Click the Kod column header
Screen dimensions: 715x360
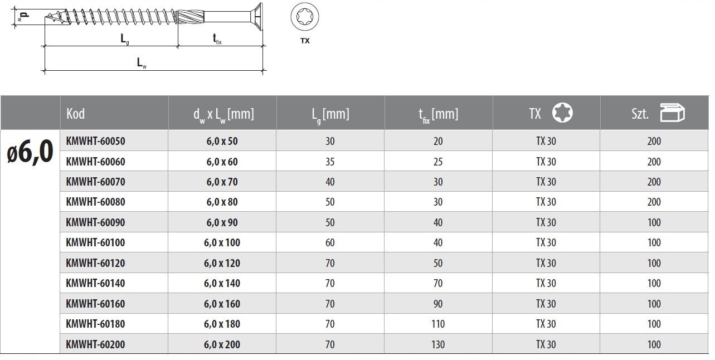coord(76,114)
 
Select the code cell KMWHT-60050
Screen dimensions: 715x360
coord(95,141)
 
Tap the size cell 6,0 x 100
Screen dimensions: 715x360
coord(222,242)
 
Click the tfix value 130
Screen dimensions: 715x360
coord(438,344)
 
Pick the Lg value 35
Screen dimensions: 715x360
coord(330,162)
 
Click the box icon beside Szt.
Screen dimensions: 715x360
coord(672,113)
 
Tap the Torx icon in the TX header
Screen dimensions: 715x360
coord(562,113)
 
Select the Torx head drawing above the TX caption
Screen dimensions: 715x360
coord(304,16)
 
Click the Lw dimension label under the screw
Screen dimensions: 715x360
coord(142,62)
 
